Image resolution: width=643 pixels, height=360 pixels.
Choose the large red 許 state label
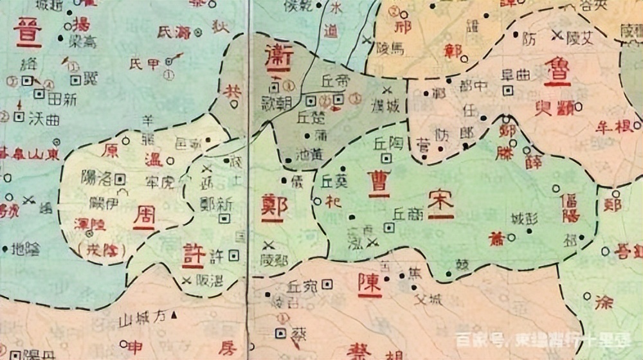[x=194, y=255]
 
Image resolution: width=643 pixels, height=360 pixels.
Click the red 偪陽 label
[x=570, y=206]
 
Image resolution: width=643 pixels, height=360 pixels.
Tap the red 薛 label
[x=534, y=163]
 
